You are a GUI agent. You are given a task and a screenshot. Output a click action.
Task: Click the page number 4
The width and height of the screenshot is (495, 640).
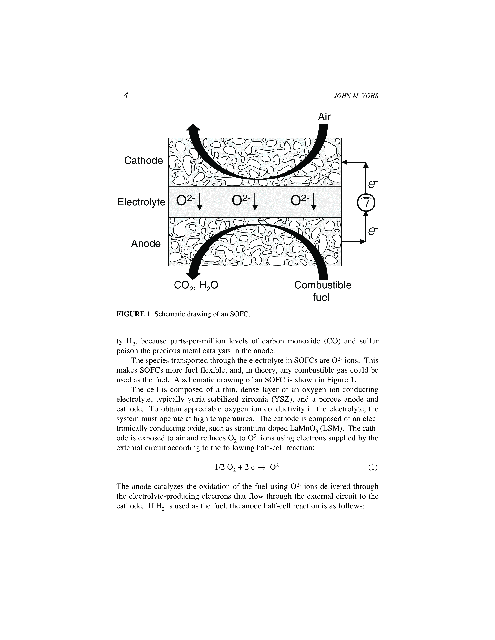point(126,96)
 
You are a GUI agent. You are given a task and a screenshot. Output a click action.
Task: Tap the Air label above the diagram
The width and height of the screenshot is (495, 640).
point(324,117)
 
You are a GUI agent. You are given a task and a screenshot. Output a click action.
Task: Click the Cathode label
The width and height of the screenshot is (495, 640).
point(143,160)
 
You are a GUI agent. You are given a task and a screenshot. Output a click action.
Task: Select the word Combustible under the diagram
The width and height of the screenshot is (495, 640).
point(323,285)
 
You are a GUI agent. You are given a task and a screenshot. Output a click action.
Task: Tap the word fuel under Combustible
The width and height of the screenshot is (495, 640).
point(321,298)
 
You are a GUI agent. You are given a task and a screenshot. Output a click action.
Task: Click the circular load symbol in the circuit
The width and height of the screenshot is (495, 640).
point(366,202)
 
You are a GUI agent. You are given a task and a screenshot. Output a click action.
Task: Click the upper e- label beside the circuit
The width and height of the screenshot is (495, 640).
point(373,184)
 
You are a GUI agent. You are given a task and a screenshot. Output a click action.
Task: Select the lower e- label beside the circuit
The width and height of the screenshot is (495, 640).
point(373,231)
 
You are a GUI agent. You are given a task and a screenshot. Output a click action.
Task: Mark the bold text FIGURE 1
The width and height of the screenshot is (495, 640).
point(133,314)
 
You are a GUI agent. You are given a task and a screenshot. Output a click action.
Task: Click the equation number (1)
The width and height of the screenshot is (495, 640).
point(373,467)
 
